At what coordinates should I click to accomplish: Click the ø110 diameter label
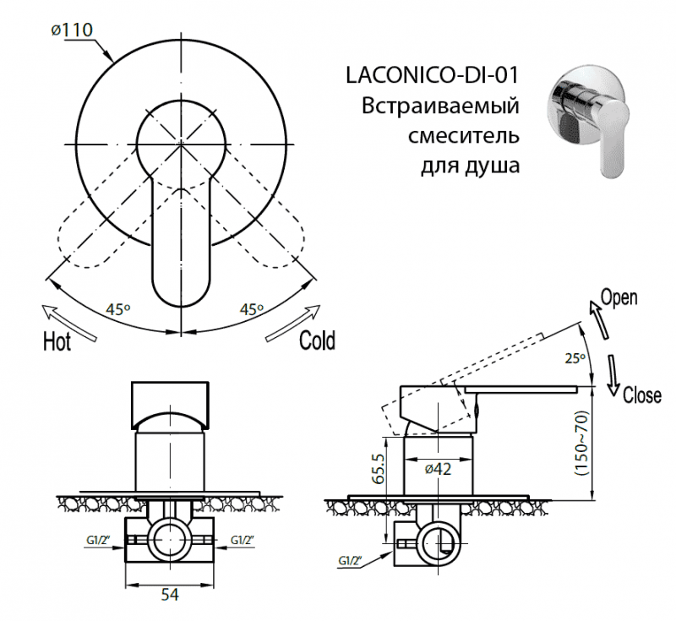click(71, 30)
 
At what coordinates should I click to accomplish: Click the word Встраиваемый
click(440, 106)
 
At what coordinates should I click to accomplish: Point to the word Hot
click(57, 341)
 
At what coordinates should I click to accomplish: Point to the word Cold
click(317, 340)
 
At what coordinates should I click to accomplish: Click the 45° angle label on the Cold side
click(251, 309)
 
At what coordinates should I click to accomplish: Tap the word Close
click(641, 395)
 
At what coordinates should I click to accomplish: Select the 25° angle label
click(575, 358)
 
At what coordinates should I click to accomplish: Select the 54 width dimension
click(170, 595)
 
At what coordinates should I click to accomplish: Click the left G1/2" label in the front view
click(99, 540)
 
